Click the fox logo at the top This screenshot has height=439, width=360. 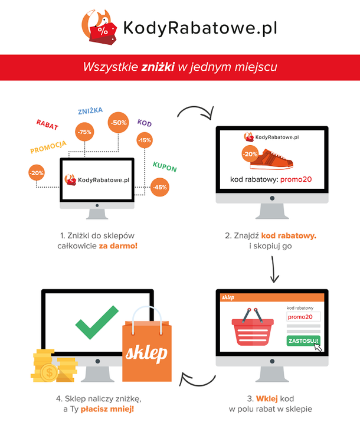[x=99, y=27]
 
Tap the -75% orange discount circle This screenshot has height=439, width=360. [x=84, y=132]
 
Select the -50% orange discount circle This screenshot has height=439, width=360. [x=119, y=123]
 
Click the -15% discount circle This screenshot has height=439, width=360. [x=145, y=140]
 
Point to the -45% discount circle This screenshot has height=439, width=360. [x=160, y=187]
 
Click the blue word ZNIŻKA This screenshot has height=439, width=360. [x=90, y=111]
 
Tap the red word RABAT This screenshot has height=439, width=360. [x=47, y=125]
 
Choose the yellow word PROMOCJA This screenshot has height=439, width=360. [x=48, y=148]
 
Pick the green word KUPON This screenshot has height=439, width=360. [x=165, y=167]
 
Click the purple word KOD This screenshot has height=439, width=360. [x=145, y=123]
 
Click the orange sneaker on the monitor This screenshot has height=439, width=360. [x=271, y=159]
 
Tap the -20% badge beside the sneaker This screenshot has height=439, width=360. [x=250, y=154]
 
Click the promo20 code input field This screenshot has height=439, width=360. [x=303, y=317]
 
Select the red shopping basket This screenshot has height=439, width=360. [x=253, y=327]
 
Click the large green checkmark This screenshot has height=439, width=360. [x=97, y=322]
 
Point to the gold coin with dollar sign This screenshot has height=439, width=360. [x=49, y=373]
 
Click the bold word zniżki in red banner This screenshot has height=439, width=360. [x=158, y=67]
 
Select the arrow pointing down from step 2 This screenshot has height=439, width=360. [x=274, y=269]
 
